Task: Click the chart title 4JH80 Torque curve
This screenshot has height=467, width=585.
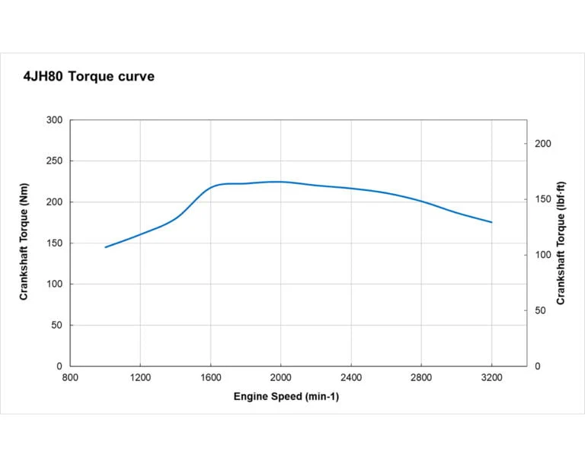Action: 89,77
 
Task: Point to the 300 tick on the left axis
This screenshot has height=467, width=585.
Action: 54,120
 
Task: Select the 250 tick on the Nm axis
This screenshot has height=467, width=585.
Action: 54,161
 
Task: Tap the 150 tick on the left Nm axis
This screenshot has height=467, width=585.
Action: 54,243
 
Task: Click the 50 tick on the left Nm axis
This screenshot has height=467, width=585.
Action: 56,326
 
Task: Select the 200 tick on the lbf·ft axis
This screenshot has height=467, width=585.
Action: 542,144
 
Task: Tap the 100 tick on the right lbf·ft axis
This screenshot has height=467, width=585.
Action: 542,255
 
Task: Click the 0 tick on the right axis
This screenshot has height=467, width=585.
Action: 537,367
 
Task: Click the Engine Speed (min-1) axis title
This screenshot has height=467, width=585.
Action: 281,396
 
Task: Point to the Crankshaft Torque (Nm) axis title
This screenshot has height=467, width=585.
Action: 24,243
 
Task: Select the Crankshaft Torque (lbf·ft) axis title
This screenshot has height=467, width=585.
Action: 561,243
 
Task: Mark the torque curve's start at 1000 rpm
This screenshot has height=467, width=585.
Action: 105,247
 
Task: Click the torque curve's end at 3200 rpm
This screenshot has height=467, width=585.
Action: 491,222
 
